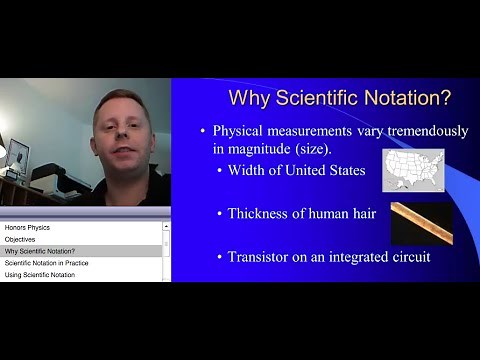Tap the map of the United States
pyautogui.click(x=413, y=169)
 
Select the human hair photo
pyautogui.click(x=420, y=222)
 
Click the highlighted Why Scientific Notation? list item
pyautogui.click(x=46, y=251)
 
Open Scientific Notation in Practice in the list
pyautogui.click(x=47, y=263)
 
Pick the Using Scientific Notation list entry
pyautogui.click(x=40, y=274)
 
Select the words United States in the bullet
pyautogui.click(x=334, y=170)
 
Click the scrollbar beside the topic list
pyautogui.click(x=166, y=250)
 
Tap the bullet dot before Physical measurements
pyautogui.click(x=203, y=132)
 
